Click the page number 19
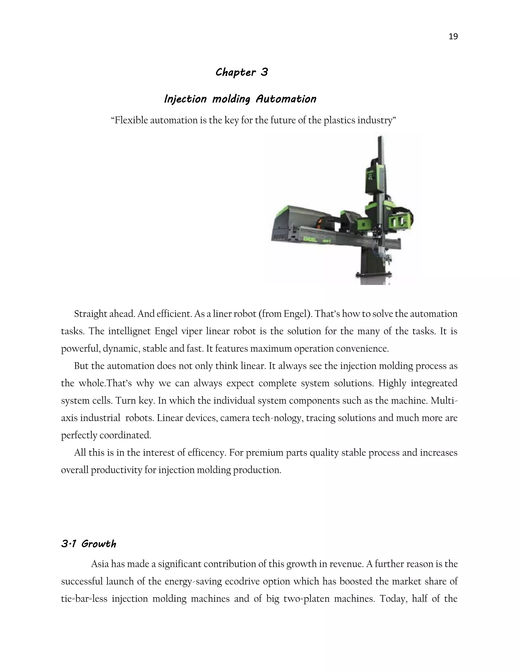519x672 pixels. coord(453,37)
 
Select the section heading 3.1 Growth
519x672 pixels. coord(88,544)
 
